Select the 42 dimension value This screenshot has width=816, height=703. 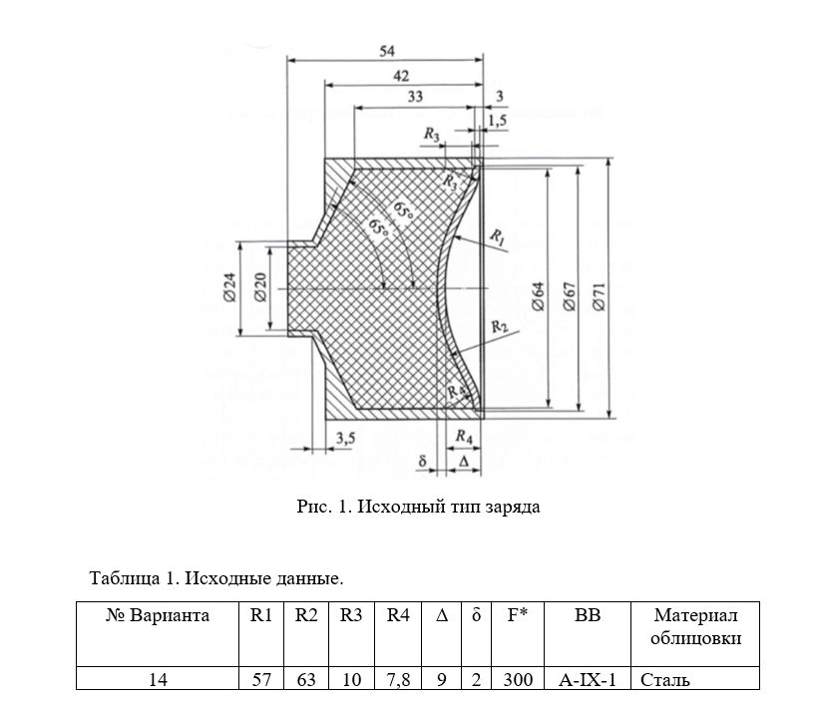[401, 76]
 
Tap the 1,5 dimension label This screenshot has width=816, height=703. [497, 120]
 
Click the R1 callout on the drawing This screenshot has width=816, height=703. [498, 236]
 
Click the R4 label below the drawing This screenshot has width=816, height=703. [463, 436]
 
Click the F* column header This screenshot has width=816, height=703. [517, 615]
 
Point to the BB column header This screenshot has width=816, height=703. [589, 615]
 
